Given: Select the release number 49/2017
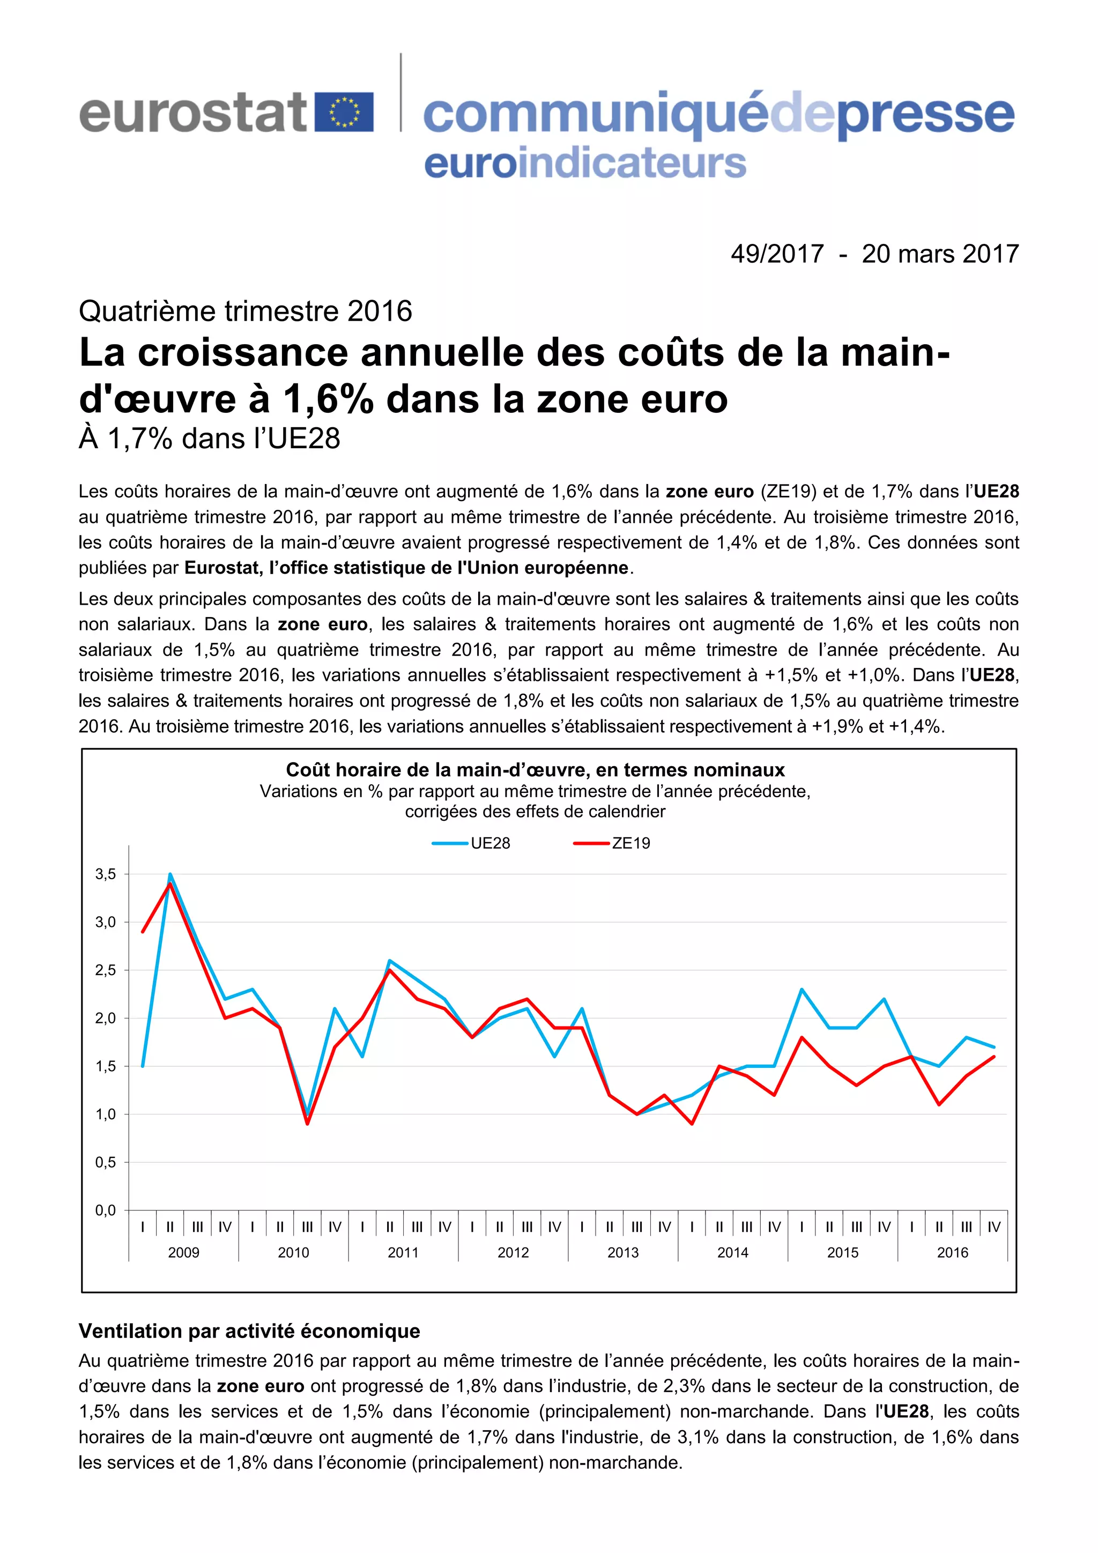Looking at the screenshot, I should (777, 254).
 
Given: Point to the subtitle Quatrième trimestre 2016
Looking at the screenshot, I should (245, 311).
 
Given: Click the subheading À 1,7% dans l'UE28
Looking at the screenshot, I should (209, 439).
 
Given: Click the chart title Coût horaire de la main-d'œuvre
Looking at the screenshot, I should (535, 770).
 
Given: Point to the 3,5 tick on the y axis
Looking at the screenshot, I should (106, 874).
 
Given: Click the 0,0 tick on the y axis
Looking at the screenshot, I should (106, 1210).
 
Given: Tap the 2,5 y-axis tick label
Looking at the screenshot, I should (106, 970).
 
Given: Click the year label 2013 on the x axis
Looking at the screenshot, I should (622, 1253).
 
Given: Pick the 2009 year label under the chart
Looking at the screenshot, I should (183, 1253).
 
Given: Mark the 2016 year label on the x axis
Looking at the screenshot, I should (952, 1253).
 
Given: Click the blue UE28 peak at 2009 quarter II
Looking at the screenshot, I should (170, 874).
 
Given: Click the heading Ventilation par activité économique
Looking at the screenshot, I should (249, 1331).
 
